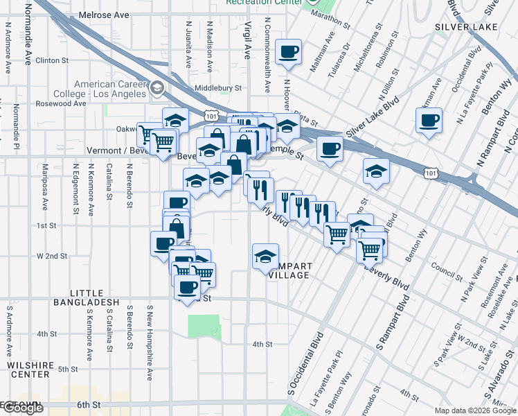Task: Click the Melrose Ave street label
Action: click(x=104, y=15)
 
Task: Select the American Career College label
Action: click(x=110, y=89)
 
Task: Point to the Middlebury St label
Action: click(x=217, y=88)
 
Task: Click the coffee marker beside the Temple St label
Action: click(x=330, y=148)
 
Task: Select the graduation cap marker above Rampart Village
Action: click(x=265, y=257)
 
